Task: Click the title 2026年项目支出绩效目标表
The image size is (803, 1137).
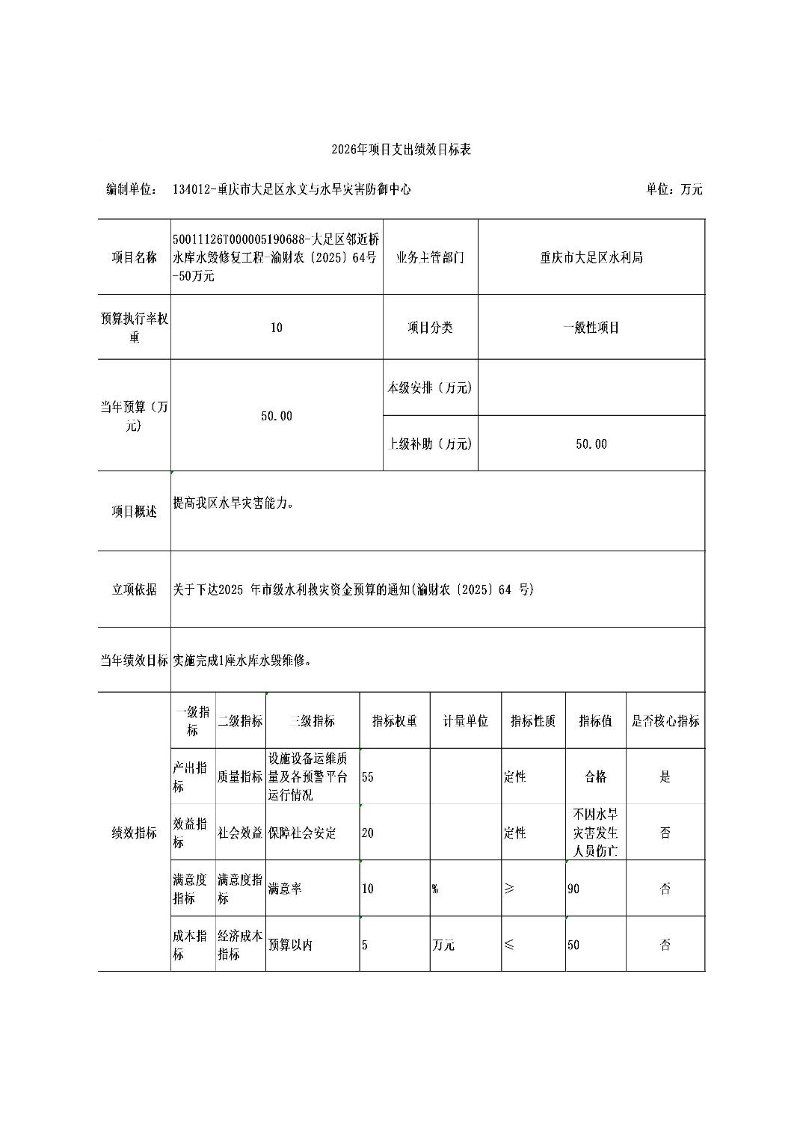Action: point(401,150)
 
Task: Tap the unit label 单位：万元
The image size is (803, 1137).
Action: point(674,189)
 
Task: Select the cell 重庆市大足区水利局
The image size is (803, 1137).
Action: point(591,257)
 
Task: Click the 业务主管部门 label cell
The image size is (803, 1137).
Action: point(430,257)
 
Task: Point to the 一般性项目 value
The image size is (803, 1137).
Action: point(591,328)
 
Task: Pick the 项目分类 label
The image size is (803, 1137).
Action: point(430,328)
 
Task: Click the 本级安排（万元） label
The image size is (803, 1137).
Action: point(430,387)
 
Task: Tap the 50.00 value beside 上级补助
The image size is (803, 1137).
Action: point(591,444)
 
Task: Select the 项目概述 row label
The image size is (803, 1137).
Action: point(135,512)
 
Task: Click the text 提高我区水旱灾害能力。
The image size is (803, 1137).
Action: point(233,503)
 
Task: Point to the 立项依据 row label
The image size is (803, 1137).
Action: point(135,589)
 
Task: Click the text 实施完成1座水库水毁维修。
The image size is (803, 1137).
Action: point(241,661)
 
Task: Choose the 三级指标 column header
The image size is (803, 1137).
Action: point(312,721)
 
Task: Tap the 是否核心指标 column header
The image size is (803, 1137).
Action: point(665,721)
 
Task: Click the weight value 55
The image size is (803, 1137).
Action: point(368,777)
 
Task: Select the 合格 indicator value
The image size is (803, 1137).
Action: point(595,777)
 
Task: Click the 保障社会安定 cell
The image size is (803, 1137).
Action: point(302,833)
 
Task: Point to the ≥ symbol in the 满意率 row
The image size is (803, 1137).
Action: point(509,889)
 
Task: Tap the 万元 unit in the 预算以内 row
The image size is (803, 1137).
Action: point(443,945)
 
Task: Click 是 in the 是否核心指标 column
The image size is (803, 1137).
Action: point(665,777)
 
